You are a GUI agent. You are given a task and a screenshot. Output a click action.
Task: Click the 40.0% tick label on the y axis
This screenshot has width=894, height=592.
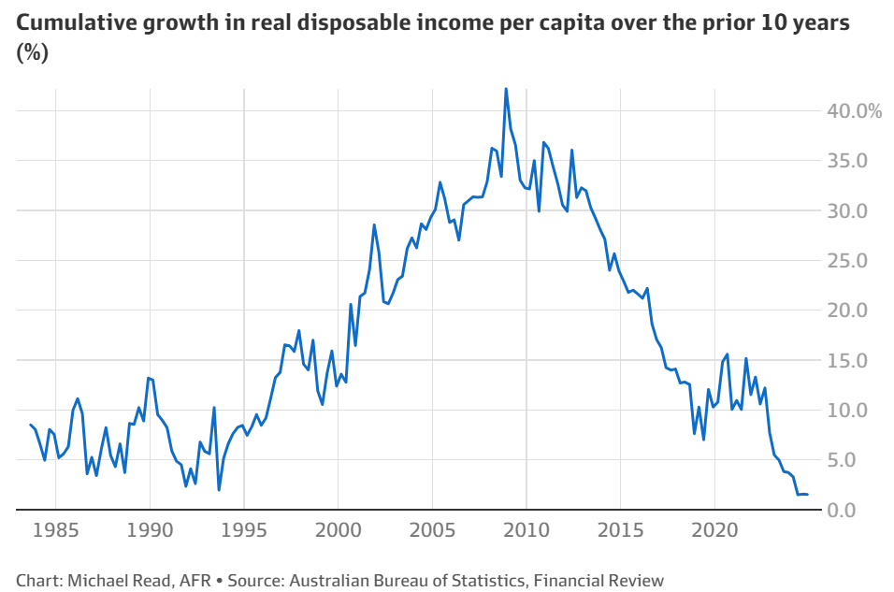click(x=854, y=111)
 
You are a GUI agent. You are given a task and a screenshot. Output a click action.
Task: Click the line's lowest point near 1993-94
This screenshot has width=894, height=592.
click(x=219, y=489)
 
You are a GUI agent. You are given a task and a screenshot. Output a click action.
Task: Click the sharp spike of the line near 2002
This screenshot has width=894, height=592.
click(x=374, y=224)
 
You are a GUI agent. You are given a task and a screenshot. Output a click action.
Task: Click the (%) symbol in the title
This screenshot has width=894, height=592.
click(x=32, y=54)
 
